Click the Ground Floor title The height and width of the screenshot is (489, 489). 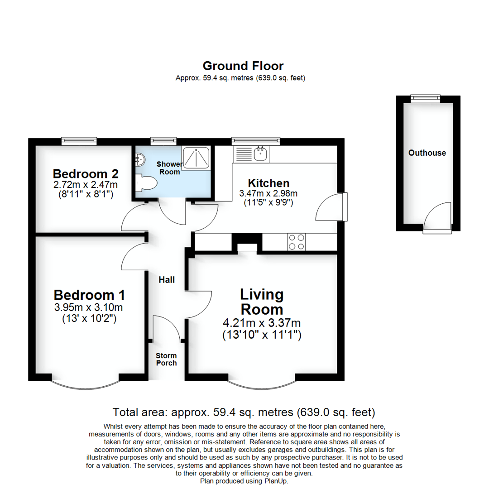[243, 66]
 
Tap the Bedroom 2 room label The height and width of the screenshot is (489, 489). [86, 174]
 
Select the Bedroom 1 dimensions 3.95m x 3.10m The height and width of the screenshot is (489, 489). [89, 308]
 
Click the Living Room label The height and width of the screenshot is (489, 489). [262, 302]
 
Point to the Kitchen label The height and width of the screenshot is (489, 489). [268, 183]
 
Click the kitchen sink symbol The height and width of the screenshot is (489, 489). [260, 153]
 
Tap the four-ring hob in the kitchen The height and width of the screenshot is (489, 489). [297, 241]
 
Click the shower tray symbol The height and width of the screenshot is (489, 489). [196, 157]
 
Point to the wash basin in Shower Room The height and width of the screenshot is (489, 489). [140, 158]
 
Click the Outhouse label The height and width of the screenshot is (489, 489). [427, 153]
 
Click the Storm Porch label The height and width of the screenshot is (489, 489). [166, 359]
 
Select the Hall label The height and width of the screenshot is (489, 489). [167, 280]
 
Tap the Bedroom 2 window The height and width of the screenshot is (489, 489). [79, 141]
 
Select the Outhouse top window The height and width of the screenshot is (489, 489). [425, 97]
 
